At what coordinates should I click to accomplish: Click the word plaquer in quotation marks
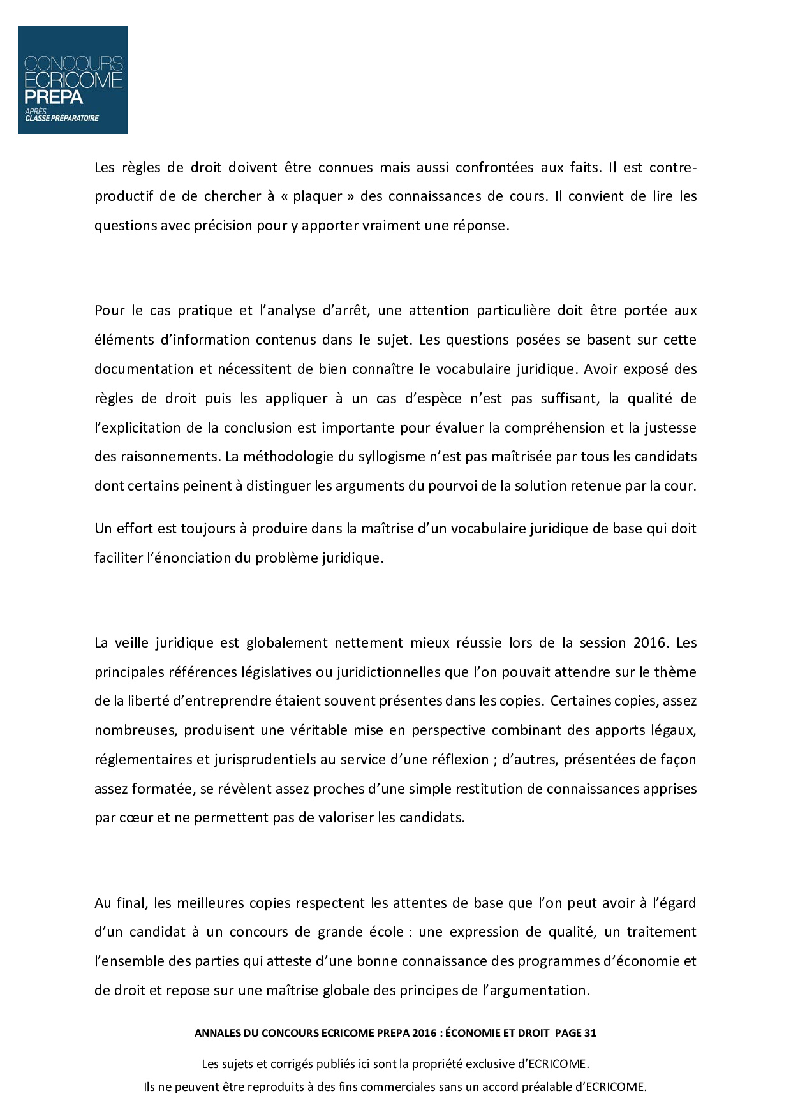318,196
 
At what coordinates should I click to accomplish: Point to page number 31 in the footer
589,1033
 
